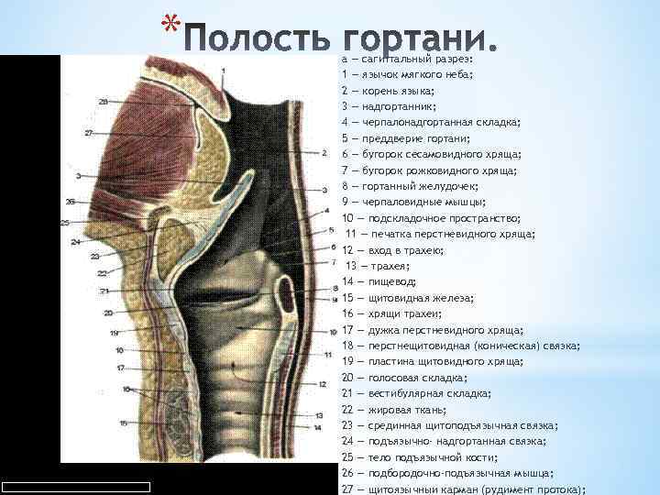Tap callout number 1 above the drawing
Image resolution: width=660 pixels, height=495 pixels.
tap(225, 71)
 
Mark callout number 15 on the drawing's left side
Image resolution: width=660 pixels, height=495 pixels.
tap(124, 423)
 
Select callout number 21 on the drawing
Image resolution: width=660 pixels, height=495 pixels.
tap(105, 291)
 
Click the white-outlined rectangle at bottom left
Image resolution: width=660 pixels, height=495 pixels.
tap(75, 487)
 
